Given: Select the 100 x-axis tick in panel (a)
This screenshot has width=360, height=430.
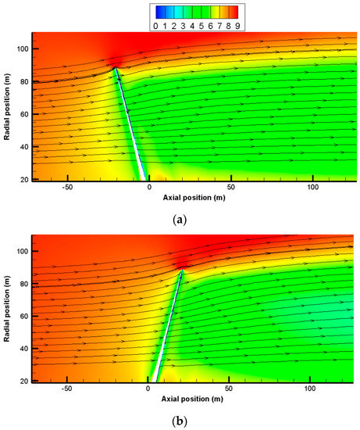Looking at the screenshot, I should click(313, 188).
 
